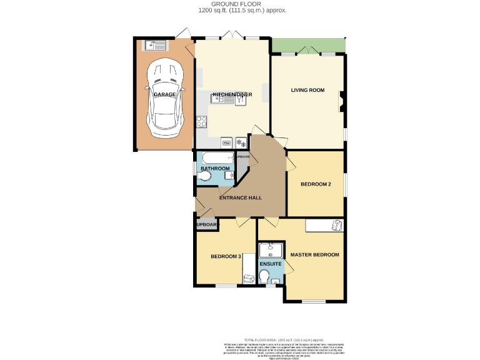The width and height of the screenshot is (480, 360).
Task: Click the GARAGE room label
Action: coord(165,94)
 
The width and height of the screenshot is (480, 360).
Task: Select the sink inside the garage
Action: coord(154,44)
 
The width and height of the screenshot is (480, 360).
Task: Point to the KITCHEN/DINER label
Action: coord(232,95)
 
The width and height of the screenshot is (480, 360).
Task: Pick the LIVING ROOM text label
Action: coord(307,91)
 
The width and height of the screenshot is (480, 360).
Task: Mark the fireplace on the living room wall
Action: coord(342,101)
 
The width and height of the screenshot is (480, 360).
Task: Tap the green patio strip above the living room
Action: coord(308,45)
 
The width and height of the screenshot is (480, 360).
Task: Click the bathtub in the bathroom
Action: coord(216,157)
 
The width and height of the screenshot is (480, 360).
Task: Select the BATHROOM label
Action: coord(215,169)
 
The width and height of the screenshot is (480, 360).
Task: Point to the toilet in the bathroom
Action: coord(204,177)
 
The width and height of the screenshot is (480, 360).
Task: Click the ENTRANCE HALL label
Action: coord(240,198)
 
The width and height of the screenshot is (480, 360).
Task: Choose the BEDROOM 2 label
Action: coord(316,184)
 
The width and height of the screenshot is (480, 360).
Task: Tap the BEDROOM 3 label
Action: coord(226,257)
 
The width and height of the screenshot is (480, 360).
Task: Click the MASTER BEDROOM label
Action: coord(315,255)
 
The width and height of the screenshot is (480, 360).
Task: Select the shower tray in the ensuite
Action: coord(271,251)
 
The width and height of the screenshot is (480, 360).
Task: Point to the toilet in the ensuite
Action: coord(264,276)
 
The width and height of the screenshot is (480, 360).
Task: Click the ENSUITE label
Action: coord(271,264)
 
